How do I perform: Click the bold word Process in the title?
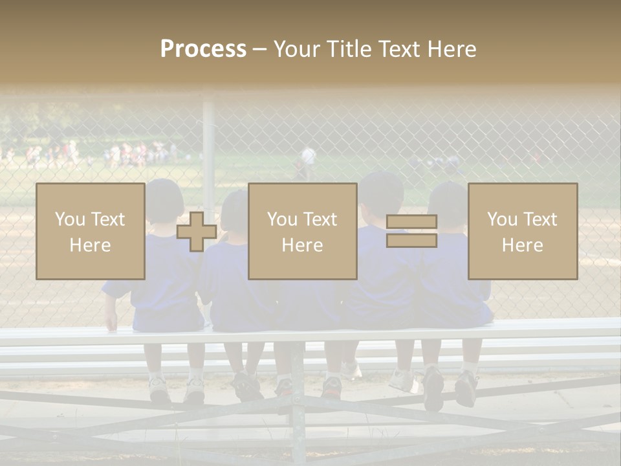[x=203, y=49]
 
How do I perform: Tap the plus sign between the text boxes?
[x=196, y=232]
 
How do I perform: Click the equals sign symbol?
[x=411, y=231]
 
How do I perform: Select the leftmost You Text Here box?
[x=90, y=231]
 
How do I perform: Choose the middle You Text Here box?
[x=302, y=231]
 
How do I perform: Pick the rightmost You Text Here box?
[x=522, y=231]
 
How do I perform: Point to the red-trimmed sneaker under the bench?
[x=331, y=387]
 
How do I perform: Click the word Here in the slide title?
[x=452, y=49]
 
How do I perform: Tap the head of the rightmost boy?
[x=449, y=202]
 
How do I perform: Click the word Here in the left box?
[x=90, y=245]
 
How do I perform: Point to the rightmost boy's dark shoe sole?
[x=466, y=389]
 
